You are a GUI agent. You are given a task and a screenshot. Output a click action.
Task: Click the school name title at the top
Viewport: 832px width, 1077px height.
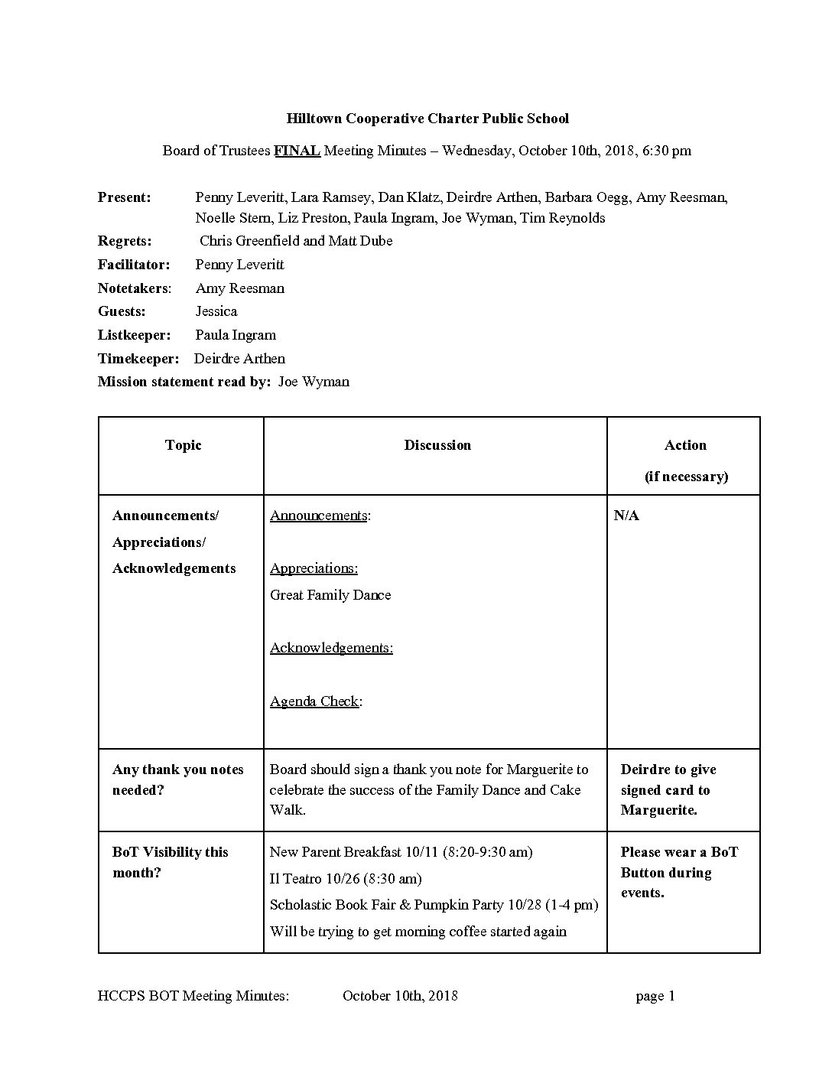coord(427,119)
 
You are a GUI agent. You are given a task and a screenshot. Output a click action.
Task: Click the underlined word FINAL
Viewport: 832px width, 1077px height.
coord(297,151)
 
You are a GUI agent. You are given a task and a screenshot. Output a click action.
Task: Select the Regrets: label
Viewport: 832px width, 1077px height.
coord(125,241)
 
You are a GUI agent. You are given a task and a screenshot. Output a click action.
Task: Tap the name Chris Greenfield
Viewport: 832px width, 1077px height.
coord(249,241)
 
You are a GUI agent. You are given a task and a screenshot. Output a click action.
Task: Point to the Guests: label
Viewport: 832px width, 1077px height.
coord(122,311)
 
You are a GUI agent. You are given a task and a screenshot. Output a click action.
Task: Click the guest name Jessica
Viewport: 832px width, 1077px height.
coord(216,311)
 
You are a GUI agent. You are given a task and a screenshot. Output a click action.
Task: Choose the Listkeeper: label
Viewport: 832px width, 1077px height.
coord(134,335)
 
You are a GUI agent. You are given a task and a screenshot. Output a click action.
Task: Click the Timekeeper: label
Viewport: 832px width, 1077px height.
coord(138,359)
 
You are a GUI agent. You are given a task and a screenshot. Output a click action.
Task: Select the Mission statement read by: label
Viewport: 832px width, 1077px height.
coord(184,382)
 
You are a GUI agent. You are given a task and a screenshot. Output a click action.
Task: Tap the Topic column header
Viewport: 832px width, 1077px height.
coord(183,445)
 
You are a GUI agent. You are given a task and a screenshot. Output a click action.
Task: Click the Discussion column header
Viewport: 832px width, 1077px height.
coord(437,445)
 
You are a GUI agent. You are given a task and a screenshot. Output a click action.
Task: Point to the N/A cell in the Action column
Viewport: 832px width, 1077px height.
coord(626,516)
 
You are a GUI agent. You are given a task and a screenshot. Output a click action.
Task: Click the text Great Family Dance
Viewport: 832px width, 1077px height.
coord(330,595)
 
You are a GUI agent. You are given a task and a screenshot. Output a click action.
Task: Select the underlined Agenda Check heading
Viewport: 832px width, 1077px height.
coord(315,701)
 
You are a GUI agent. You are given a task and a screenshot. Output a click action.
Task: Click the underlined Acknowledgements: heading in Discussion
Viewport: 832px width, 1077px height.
coord(331,648)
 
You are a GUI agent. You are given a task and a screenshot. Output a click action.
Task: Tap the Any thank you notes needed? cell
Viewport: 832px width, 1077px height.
coord(177,779)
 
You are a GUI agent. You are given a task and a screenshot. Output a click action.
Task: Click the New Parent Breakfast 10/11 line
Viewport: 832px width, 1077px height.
coord(401,852)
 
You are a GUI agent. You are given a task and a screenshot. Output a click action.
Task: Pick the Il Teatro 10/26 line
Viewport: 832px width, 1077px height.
coord(346,879)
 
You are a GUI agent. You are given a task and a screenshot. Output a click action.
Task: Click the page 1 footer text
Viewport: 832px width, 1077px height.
coord(655,996)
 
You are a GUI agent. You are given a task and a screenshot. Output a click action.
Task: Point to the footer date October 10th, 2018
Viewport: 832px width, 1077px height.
coord(400,996)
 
